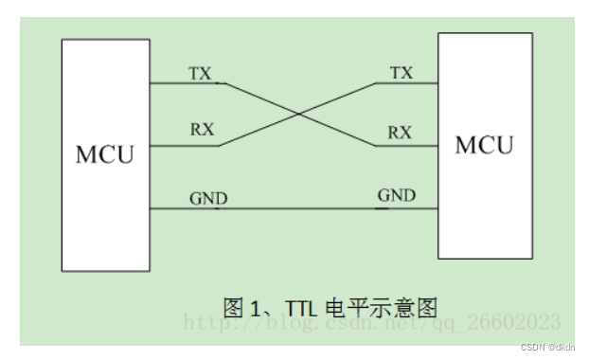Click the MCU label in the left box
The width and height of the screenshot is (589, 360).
pos(105,154)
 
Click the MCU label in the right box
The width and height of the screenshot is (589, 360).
pos(484,145)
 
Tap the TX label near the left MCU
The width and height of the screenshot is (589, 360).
pos(200,73)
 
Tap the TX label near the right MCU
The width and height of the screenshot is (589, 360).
pos(402,73)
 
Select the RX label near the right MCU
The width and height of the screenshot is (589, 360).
pos(401,133)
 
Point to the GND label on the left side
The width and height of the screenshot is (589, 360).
pos(207,198)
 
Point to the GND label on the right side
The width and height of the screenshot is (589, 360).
pos(397,196)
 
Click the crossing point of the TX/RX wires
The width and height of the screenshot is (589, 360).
pos(298,115)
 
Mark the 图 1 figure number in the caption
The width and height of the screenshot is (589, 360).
pos(242,307)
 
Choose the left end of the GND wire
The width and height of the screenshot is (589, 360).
pos(151,207)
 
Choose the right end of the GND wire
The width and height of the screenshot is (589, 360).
pos(437,207)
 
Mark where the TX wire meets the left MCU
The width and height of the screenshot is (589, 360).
pos(151,83)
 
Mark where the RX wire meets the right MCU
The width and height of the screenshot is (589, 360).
pos(437,146)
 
